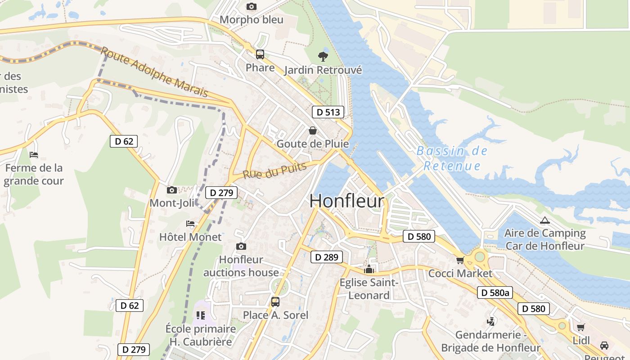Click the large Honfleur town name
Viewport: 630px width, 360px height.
coord(347,201)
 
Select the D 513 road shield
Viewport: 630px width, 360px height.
coord(328,112)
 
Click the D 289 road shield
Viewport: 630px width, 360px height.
coord(326,257)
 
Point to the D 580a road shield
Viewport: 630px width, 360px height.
coord(495,292)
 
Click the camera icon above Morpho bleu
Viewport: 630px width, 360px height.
coord(252,6)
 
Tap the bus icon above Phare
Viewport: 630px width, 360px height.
coord(260,54)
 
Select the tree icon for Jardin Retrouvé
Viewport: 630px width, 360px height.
coord(323,56)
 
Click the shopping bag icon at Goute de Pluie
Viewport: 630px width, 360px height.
coord(313,130)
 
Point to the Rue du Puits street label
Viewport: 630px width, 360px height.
coord(274,170)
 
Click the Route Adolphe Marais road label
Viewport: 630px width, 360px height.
coord(154,72)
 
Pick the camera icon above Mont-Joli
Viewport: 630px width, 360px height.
coord(171,190)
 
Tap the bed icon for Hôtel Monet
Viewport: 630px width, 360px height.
coord(190,224)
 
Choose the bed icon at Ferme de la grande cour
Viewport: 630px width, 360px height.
coord(34,155)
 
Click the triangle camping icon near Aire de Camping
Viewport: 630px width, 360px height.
coord(545,220)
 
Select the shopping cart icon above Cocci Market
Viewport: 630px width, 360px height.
coord(460,260)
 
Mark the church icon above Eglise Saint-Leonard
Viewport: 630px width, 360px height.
coord(369,270)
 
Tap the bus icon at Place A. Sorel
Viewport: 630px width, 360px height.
coord(275,302)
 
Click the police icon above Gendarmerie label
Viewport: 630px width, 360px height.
coord(491,321)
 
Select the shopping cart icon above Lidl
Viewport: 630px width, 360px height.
coord(581,327)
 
